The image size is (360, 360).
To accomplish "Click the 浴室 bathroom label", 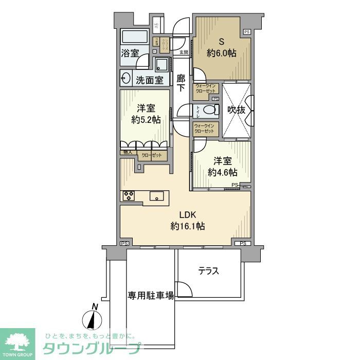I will click(x=130, y=53).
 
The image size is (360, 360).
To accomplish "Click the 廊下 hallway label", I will click(x=181, y=83).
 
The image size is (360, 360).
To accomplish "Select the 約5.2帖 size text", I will click(x=146, y=120).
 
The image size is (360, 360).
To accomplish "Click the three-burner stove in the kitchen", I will click(x=129, y=195).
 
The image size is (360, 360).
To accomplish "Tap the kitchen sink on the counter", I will click(x=157, y=195).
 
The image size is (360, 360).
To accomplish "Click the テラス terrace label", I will click(x=208, y=271).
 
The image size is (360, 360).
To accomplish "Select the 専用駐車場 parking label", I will click(x=151, y=295).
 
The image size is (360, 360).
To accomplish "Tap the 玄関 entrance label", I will click(x=184, y=52).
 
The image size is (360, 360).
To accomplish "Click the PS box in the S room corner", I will click(x=247, y=32).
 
